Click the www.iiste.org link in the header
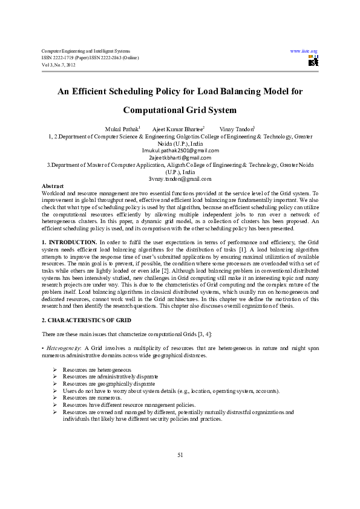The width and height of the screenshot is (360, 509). [x=304, y=51]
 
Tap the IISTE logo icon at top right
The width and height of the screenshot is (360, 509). [x=313, y=60]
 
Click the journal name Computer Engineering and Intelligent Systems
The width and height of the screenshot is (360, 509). [x=85, y=51]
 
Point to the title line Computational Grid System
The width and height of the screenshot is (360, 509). [x=180, y=111]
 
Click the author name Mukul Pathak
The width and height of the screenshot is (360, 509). [x=122, y=129]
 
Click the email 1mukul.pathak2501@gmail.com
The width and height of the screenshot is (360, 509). [x=180, y=151]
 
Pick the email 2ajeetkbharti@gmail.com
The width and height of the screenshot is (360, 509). [x=180, y=158]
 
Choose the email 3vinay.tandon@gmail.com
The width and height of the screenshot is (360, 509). [x=180, y=179]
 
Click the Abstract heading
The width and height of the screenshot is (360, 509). [x=52, y=186]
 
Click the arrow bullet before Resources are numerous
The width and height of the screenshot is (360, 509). [x=55, y=398]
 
